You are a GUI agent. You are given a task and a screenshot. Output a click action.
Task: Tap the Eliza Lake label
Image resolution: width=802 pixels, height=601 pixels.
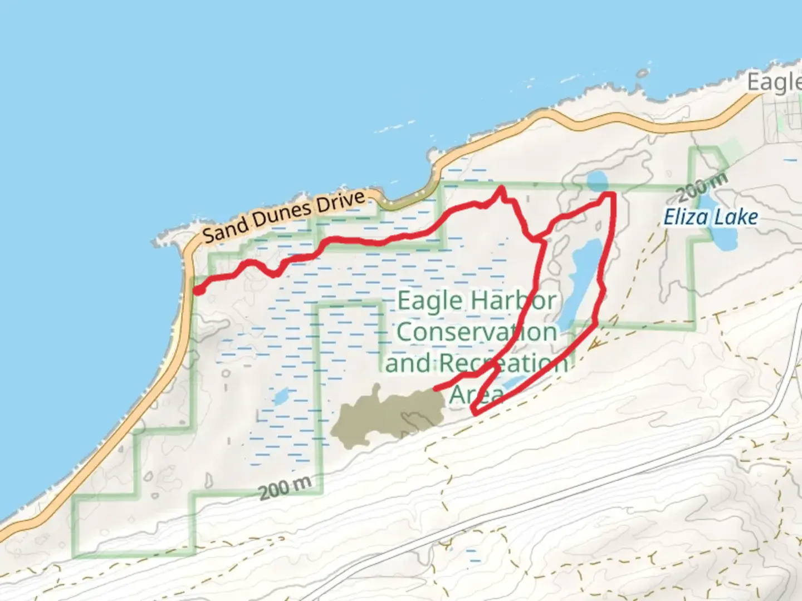(x=710, y=216)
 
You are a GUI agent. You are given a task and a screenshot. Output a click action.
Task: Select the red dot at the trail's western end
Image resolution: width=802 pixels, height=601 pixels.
(x=198, y=289)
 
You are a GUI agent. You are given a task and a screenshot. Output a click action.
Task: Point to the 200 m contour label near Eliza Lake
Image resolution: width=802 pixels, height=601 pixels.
(x=703, y=186)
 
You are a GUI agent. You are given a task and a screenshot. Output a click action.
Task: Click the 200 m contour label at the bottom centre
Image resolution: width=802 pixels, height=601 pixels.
(x=285, y=487)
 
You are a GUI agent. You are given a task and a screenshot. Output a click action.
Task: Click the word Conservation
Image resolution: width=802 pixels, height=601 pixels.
(x=477, y=332)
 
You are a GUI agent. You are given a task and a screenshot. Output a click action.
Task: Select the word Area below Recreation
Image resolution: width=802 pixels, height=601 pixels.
(x=475, y=393)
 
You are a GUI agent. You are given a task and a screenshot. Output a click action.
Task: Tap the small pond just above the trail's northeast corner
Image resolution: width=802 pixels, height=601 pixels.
(x=597, y=180)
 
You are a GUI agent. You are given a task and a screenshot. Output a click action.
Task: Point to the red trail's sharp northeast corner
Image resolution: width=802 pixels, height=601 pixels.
(x=613, y=194)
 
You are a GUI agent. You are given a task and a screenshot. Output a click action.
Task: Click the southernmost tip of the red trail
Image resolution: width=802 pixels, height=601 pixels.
(x=474, y=412)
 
